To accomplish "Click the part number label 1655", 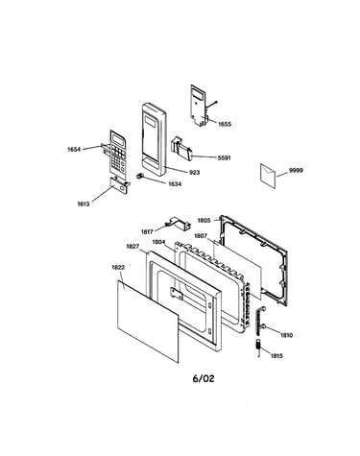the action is [225, 124].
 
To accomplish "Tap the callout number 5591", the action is [224, 157].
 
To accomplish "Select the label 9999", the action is [296, 170].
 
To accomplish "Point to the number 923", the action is [195, 173].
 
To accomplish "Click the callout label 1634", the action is [175, 184].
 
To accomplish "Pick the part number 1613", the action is [84, 204].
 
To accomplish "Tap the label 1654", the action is [74, 149].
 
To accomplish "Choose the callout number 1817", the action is [147, 231].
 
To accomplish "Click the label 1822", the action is [118, 267].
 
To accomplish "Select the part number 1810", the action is [286, 335].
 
